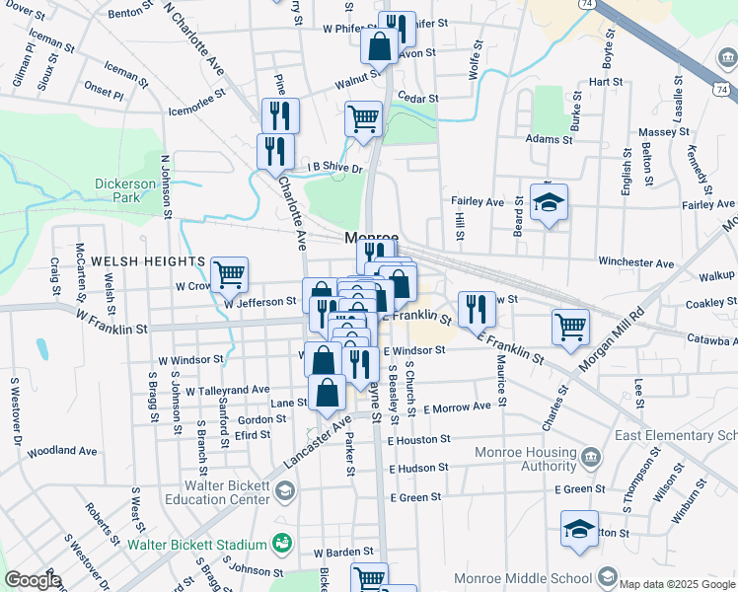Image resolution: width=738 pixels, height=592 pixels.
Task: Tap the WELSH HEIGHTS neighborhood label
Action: [148, 261]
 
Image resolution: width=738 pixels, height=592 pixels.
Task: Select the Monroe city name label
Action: [371, 239]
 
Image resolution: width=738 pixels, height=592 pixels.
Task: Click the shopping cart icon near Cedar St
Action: [363, 119]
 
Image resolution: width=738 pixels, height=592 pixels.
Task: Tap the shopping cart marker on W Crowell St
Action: [229, 274]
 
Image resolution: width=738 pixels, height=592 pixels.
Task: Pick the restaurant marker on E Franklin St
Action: [477, 309]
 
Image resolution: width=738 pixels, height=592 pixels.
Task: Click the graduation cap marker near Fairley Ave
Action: [549, 204]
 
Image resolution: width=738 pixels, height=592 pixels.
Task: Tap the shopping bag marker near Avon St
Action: [379, 45]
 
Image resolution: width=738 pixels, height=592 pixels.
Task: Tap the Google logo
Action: [33, 580]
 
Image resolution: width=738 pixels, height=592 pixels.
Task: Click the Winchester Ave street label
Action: [635, 263]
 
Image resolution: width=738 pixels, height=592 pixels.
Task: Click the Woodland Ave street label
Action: [62, 451]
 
